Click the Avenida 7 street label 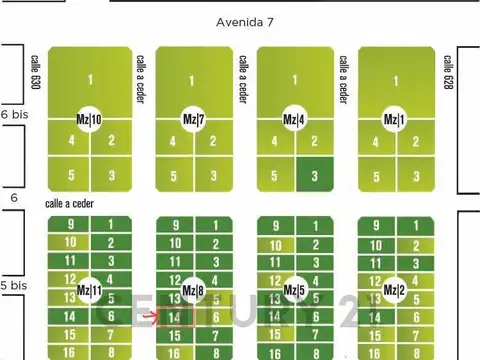(244, 21)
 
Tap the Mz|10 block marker (90, 120)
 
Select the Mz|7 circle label (193, 120)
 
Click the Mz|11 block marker (90, 292)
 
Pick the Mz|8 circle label (193, 292)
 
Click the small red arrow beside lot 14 (150, 318)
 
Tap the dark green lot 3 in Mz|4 (315, 175)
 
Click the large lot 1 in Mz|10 (90, 80)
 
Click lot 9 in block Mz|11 (71, 225)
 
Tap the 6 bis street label (13, 115)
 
